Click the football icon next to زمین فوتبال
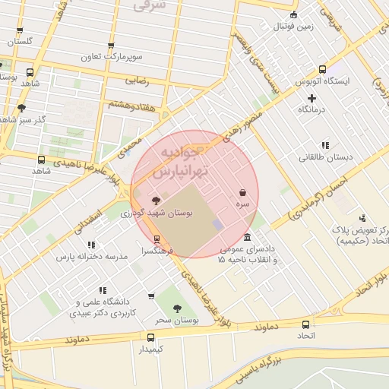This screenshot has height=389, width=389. coord(293,15)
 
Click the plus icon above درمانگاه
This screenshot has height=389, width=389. coord(312,98)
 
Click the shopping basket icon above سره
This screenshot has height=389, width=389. coord(242,194)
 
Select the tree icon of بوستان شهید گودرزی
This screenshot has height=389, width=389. coord(157,201)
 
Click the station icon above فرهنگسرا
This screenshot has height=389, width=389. coord(157,239)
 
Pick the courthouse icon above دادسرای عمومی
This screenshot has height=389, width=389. coord(248,237)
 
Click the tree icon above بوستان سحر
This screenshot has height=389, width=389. coord(177,308)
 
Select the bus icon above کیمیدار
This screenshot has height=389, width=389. coord(150,337)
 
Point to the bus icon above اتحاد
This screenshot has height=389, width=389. coord(305,324)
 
